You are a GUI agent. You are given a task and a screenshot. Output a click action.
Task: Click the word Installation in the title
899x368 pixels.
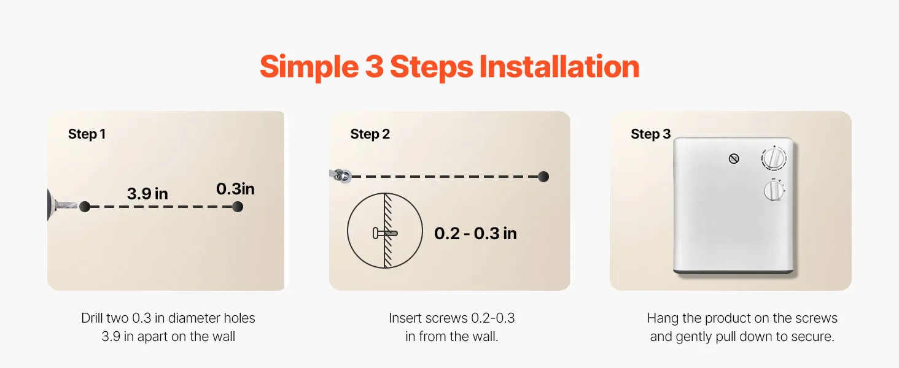559,66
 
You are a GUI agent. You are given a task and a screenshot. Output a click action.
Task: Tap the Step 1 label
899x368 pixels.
87,134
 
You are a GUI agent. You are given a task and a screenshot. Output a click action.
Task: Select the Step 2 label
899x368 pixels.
370,134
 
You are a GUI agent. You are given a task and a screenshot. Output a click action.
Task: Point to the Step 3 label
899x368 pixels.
650,134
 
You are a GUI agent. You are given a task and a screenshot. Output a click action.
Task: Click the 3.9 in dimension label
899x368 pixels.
147,194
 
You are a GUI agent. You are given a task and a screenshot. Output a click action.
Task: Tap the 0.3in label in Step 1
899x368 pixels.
235,189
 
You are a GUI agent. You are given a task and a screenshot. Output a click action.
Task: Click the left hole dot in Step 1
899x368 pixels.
85,207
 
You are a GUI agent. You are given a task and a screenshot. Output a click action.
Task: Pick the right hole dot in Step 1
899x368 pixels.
238,207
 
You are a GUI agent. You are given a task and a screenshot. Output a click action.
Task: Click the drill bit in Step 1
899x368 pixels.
66,205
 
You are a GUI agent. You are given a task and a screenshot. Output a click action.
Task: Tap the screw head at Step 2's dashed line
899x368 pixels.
342,175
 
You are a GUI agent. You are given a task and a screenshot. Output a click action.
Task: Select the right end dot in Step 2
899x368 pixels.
543,177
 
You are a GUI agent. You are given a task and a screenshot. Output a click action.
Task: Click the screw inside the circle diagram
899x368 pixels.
385,233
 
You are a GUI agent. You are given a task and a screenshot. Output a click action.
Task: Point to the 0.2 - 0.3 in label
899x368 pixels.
475,233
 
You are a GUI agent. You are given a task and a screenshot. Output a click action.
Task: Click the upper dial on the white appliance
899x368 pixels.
774,158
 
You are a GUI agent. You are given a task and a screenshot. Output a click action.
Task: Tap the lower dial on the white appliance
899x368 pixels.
773,191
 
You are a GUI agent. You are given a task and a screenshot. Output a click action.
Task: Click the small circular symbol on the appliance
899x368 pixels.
734,159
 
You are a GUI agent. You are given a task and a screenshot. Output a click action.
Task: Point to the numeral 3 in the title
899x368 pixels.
374,66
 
